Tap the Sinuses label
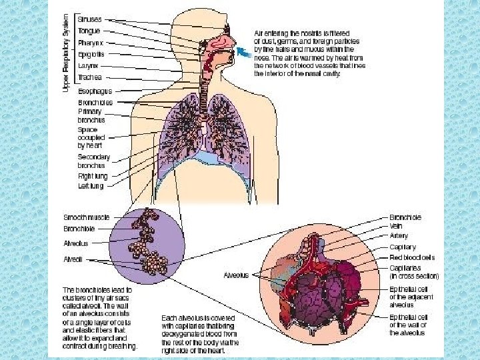click(89, 20)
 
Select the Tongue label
click(89, 31)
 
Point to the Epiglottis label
click(92, 53)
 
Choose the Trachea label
click(89, 76)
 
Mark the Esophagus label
click(95, 91)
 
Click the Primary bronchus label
click(89, 116)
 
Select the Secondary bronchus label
click(93, 161)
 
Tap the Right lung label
click(91, 176)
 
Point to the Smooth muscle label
click(87, 217)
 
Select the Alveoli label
click(73, 259)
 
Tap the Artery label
click(399, 235)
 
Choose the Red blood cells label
click(412, 257)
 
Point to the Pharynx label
click(90, 42)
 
